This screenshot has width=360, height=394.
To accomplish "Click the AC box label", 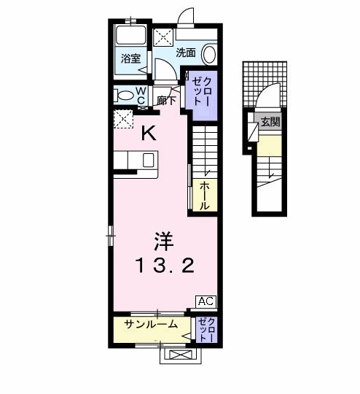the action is [206, 301].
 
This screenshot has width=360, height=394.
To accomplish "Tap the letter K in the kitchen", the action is [149, 134].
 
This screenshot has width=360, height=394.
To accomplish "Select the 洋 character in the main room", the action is [164, 242].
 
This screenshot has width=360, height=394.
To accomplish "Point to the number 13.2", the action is [165, 266].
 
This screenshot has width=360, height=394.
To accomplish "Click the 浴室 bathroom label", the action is [130, 58].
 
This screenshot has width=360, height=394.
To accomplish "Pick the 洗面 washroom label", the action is [186, 53].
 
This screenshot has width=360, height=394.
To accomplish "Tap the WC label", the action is [141, 95].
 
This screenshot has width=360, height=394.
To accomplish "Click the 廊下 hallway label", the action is [166, 101].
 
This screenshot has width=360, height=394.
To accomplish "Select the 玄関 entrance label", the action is [270, 122].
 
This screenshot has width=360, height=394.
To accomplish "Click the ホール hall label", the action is [205, 196].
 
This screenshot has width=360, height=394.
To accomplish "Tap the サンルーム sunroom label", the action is [151, 325].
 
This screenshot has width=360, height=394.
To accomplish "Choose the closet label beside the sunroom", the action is [206, 330].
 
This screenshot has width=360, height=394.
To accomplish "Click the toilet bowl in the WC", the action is [125, 96].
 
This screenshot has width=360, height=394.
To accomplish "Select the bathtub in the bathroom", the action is [131, 35].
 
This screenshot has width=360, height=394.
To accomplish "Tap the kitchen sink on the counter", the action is [148, 160].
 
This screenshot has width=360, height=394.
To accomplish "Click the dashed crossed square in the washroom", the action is [163, 37].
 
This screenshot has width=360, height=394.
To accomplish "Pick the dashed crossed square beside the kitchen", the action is [123, 119].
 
